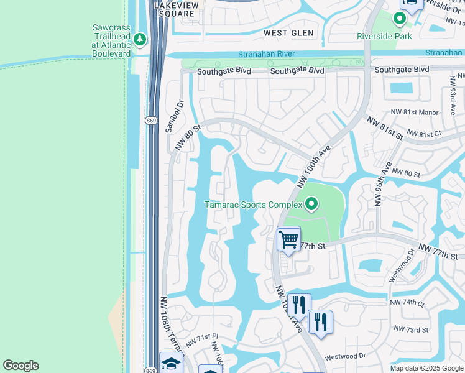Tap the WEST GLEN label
pyautogui.click(x=288, y=32)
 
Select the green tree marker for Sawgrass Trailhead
pyautogui.click(x=140, y=40)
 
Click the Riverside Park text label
pyautogui.click(x=384, y=36)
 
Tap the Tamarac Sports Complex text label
pyautogui.click(x=254, y=205)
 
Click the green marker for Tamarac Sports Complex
pyautogui.click(x=311, y=203)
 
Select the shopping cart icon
pyautogui.click(x=288, y=238)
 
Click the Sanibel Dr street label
pyautogui.click(x=173, y=117)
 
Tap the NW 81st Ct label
pyautogui.click(x=423, y=134)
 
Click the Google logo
pyautogui.click(x=21, y=366)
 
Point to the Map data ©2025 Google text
pyautogui.click(x=426, y=368)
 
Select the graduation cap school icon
pyautogui.click(x=171, y=363)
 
